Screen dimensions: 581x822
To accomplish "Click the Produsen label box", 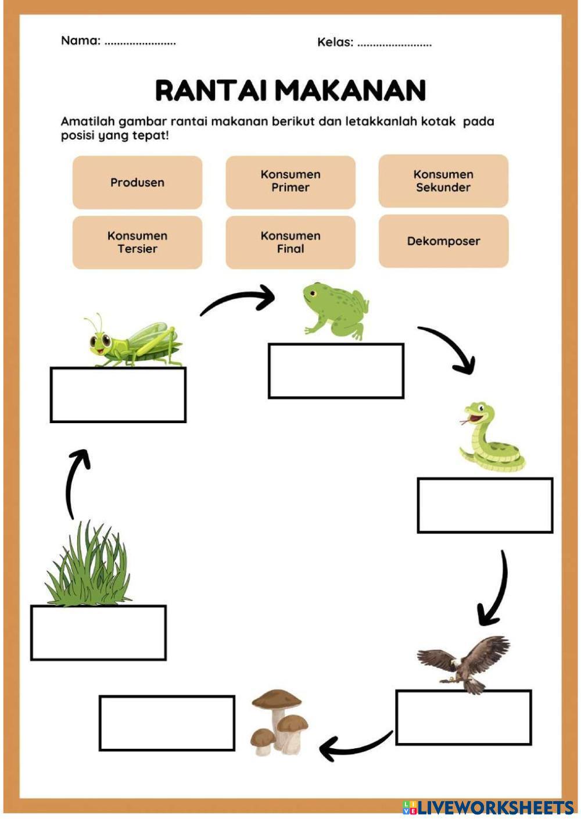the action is tap(137, 183).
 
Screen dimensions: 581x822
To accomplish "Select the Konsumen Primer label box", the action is tap(290, 181).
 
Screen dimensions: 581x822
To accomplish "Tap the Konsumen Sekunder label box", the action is tap(443, 181).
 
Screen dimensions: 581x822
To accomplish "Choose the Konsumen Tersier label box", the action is tap(137, 242).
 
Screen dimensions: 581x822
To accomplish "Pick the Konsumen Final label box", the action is tap(290, 242).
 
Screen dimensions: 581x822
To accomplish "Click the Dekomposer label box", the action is tap(443, 241).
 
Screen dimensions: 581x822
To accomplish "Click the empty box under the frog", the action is tap(336, 371).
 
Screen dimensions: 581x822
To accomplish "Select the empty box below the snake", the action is tap(485, 505).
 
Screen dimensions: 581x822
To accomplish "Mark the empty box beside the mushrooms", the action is tap(167, 723).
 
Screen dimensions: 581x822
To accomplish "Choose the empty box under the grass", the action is tap(98, 632).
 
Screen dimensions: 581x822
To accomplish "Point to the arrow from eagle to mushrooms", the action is tap(354, 746).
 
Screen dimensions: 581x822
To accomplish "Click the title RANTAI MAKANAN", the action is tap(290, 91).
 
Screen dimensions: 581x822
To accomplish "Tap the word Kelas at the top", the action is tap(335, 42).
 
